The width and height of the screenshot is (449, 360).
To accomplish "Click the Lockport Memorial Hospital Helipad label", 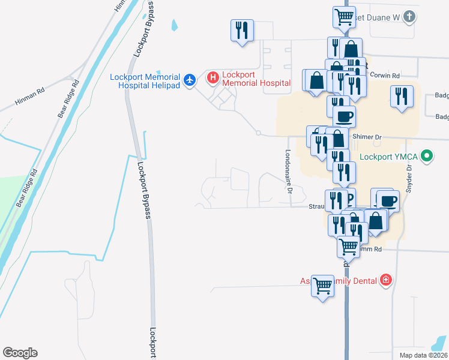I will [145, 81].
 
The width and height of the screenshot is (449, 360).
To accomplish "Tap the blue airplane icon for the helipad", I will [190, 79].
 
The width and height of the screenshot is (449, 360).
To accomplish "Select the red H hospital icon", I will [212, 77].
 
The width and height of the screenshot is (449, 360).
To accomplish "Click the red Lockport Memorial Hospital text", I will [256, 79].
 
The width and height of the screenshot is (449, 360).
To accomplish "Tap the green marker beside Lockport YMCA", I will [427, 157].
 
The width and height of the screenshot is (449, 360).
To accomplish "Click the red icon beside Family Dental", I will [385, 280].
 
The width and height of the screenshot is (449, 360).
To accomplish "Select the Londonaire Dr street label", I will [289, 172].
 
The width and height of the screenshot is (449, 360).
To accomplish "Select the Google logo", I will [20, 353].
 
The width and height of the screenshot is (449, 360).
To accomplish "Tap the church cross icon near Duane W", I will [408, 16].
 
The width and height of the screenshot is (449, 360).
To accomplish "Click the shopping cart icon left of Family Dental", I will [322, 285].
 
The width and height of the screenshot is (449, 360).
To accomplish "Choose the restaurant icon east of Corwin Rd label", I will [400, 96].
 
